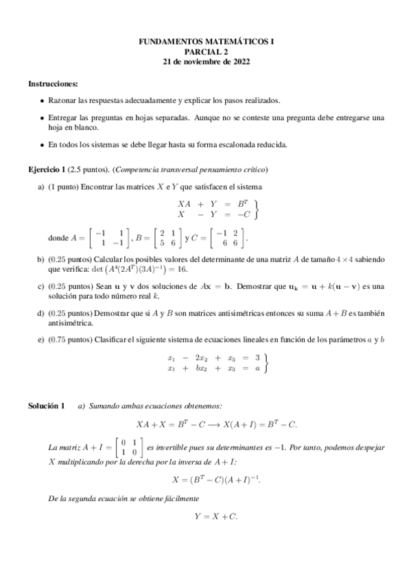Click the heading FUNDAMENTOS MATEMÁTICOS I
[206, 42]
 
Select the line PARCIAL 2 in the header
[206, 51]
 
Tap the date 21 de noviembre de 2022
[206, 61]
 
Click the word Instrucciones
[53, 83]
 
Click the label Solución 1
[46, 406]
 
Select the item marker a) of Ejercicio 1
[40, 187]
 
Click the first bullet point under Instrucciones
[43, 101]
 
